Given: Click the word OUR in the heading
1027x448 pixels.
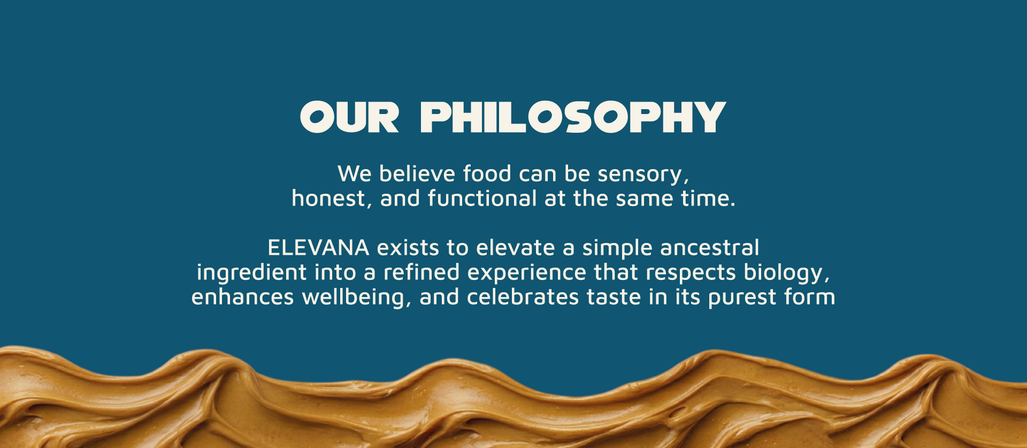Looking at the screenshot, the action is click(x=350, y=117).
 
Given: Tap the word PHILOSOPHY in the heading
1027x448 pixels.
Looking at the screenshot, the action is click(x=573, y=117).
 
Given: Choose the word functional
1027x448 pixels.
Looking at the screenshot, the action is click(x=482, y=198).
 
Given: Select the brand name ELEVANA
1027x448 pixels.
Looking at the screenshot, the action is click(x=318, y=248).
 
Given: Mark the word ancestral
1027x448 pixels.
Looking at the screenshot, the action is click(x=709, y=248).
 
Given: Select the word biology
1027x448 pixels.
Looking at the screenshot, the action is click(x=787, y=274).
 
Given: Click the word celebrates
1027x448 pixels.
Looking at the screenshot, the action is click(x=523, y=297).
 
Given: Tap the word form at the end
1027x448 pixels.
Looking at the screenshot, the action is click(x=810, y=297).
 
